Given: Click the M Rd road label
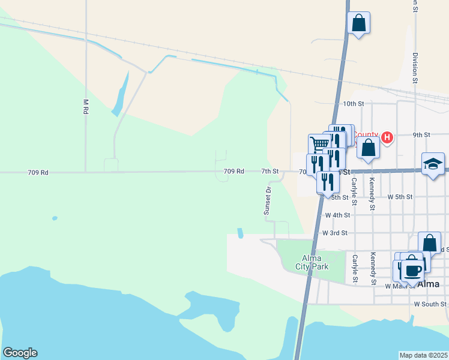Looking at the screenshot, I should [x=86, y=107].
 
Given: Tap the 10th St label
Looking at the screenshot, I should [x=354, y=104].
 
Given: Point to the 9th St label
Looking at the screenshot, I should [x=421, y=135].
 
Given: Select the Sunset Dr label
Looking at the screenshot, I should [x=268, y=200].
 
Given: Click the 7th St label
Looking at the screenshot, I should [x=270, y=172].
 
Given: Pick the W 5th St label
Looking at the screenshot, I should [x=400, y=197].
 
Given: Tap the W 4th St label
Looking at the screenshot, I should [x=337, y=215].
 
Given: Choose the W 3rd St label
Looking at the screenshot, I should [x=335, y=233].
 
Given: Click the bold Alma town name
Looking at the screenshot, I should [x=429, y=284].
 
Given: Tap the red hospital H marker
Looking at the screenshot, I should [x=387, y=137].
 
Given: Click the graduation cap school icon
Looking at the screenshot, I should [x=433, y=164].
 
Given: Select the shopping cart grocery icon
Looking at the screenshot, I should [x=320, y=143].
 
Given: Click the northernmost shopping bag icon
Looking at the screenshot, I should [x=358, y=23].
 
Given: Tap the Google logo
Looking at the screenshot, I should [x=20, y=353].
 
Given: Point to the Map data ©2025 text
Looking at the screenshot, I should [x=424, y=355].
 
